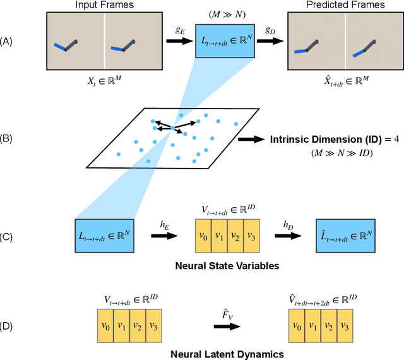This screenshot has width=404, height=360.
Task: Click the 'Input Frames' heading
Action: coord(104,6)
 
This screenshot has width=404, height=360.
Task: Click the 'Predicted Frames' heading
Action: coord(345,6)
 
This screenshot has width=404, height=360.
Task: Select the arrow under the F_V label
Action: coord(227,326)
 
